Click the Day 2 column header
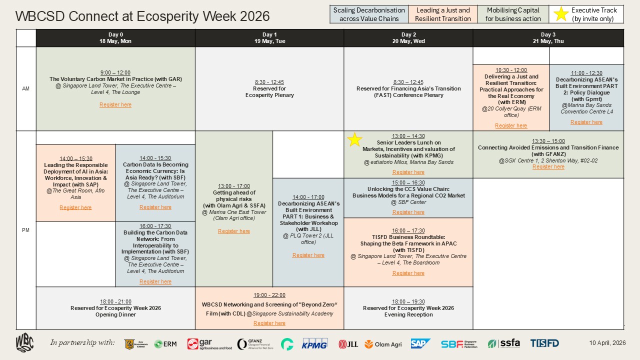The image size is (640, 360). (x=408, y=38)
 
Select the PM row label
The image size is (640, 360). (x=25, y=229)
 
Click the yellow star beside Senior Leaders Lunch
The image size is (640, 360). (x=354, y=140)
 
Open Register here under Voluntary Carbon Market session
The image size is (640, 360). (x=115, y=104)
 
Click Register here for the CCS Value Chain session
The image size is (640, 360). (x=408, y=212)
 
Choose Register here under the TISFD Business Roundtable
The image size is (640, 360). (x=408, y=273)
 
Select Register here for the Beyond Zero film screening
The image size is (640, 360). (x=269, y=323)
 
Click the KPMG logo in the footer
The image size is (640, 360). (x=314, y=343)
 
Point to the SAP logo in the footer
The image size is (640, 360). (x=420, y=343)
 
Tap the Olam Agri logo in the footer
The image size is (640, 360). (x=382, y=343)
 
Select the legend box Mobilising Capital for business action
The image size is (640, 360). (x=513, y=14)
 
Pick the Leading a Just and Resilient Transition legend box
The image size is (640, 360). (x=442, y=14)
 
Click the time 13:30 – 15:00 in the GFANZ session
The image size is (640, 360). (x=548, y=141)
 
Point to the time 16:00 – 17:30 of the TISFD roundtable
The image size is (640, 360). (x=408, y=230)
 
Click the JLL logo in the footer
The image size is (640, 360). (x=348, y=343)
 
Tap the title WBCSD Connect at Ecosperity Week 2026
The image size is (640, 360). (x=142, y=16)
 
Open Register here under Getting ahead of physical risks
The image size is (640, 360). (x=233, y=231)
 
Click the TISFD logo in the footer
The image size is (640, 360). (x=544, y=343)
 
